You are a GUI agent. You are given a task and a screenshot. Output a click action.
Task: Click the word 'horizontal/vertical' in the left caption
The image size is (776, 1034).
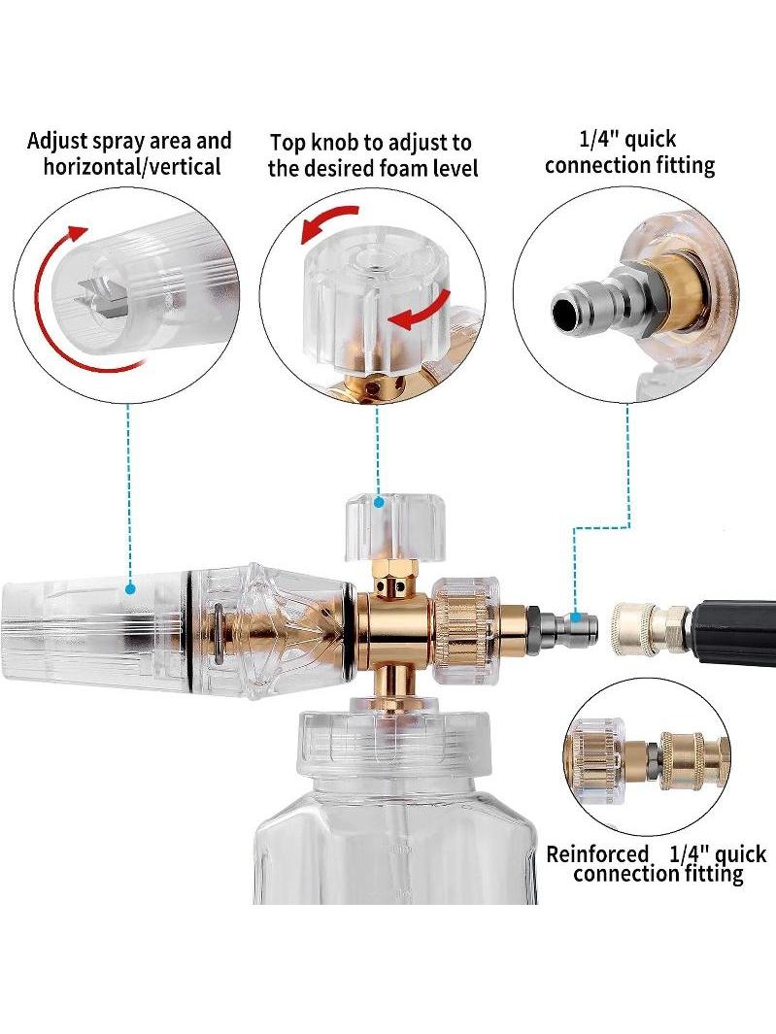[132, 166]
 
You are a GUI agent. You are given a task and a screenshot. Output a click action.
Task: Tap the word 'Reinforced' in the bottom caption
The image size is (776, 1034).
[597, 854]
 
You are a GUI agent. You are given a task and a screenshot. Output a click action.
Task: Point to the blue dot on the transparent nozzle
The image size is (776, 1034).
[130, 587]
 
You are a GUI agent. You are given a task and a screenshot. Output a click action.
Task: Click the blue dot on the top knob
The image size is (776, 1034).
[379, 503]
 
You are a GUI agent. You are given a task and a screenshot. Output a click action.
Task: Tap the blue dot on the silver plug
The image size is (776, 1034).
[577, 617]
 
